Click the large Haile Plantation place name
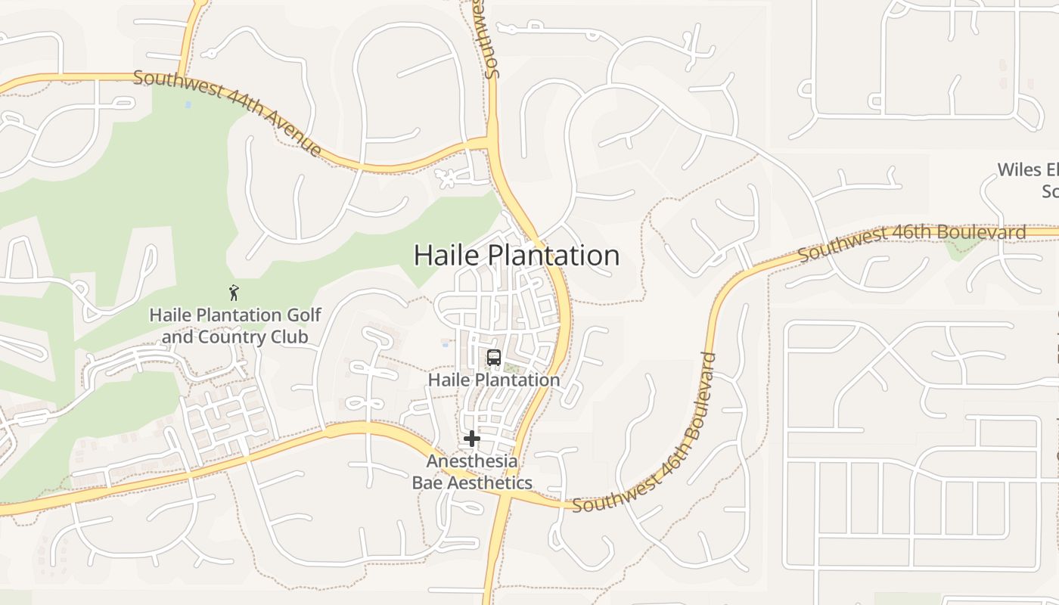tap(517, 256)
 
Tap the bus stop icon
tap(494, 357)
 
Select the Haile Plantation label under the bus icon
tap(494, 380)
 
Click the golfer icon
tap(234, 292)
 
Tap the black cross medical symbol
tap(472, 439)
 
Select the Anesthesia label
tap(472, 461)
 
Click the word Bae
tap(427, 482)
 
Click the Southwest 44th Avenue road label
tap(227, 113)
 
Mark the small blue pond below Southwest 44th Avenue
tap(188, 104)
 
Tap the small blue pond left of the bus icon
tap(446, 343)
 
